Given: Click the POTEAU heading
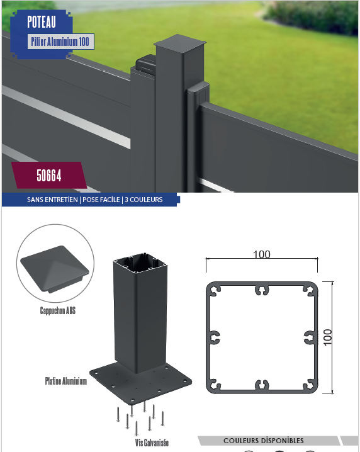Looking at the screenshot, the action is [42, 22].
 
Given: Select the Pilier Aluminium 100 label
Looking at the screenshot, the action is [60, 42].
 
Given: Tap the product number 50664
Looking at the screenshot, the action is [49, 176].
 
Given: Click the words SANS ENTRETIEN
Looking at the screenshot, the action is [52, 200].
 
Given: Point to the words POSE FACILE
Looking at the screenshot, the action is [101, 200].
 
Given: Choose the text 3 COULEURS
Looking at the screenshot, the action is [143, 200].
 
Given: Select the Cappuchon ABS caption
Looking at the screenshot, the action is [58, 310].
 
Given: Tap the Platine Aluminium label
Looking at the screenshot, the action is [66, 381].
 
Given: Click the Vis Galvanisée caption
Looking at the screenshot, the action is [152, 443].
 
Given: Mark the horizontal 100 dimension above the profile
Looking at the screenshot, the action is [262, 254].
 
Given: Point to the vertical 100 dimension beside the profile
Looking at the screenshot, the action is [328, 337].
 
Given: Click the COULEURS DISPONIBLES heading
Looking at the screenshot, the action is [264, 441].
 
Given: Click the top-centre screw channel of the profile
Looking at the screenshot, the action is [262, 290].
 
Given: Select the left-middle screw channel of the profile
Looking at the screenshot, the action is [214, 337].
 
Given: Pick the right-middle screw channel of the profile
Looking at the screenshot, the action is [310, 337].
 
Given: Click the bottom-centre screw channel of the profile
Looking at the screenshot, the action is [262, 385].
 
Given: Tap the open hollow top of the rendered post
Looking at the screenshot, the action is [140, 263].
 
